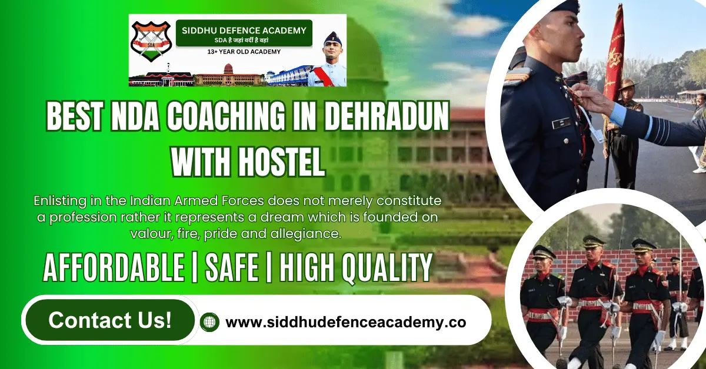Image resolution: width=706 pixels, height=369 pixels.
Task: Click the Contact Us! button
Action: coord(110,320)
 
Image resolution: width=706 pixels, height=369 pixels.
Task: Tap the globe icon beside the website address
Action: coord(209,322)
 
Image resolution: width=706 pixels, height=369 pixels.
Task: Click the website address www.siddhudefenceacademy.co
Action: coord(346,323)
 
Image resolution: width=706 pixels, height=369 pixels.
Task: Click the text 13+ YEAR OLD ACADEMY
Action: coord(244,52)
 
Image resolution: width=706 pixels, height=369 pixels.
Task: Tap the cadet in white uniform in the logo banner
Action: coord(332,62)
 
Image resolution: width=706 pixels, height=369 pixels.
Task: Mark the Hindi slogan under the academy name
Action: coord(244,41)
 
